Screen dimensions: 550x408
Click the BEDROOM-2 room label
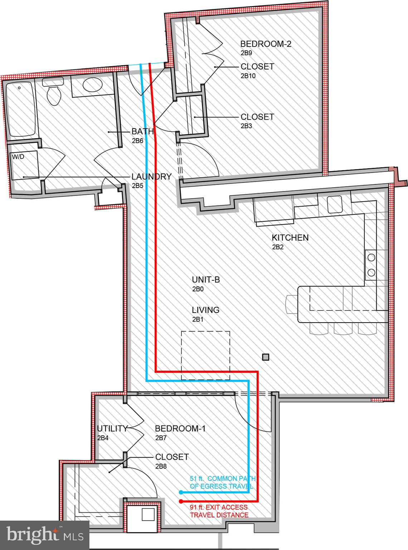pyautogui.click(x=266, y=44)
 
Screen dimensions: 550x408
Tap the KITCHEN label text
pyautogui.click(x=290, y=237)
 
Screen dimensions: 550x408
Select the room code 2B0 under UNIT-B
pyautogui.click(x=198, y=289)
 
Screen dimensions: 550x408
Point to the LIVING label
pyautogui.click(x=205, y=310)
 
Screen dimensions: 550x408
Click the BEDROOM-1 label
pyautogui.click(x=180, y=429)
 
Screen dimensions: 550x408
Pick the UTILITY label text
pyautogui.click(x=112, y=429)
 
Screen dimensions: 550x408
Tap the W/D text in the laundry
pyautogui.click(x=18, y=157)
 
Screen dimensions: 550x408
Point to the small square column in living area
pyautogui.click(x=266, y=357)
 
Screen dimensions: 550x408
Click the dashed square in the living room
pyautogui.click(x=205, y=355)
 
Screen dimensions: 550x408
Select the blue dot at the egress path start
pyautogui.click(x=181, y=492)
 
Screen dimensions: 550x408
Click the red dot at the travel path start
pyautogui.click(x=181, y=501)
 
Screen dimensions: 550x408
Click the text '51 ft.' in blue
pyautogui.click(x=197, y=479)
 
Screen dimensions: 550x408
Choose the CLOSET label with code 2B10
pyautogui.click(x=257, y=67)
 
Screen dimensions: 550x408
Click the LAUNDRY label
pyautogui.click(x=151, y=177)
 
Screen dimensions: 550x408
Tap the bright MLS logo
pyautogui.click(x=45, y=535)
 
